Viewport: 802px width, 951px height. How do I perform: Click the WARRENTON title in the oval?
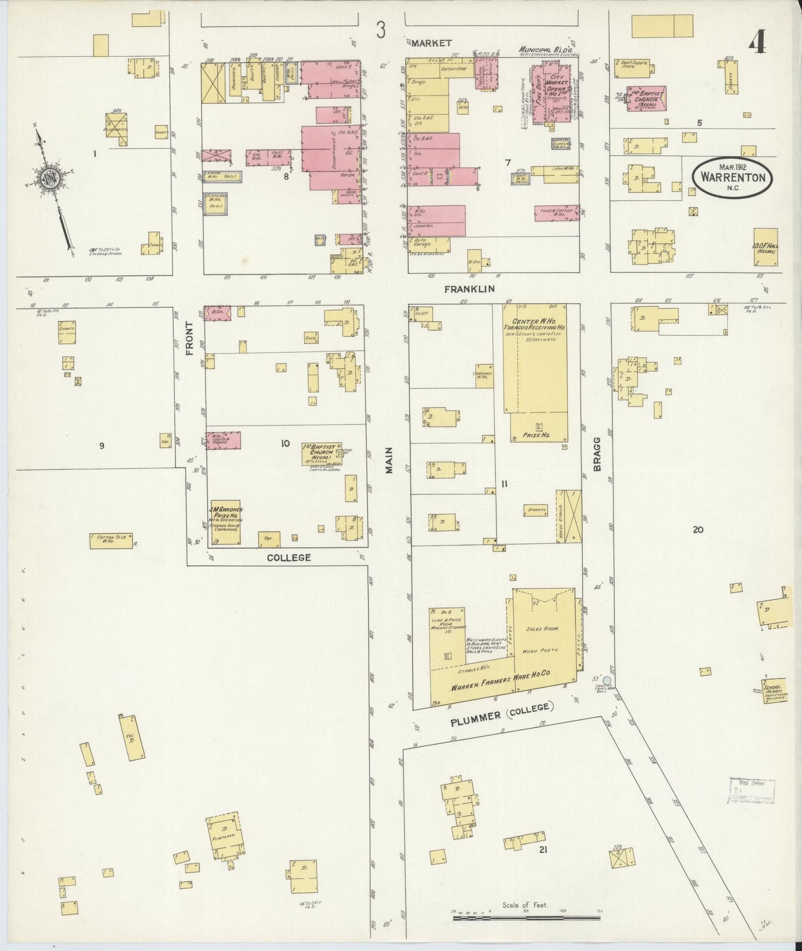[732, 178]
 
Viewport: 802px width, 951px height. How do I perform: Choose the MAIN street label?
[389, 461]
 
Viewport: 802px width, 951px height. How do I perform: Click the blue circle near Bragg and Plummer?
[607, 680]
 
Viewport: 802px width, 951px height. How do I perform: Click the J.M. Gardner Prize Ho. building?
[224, 522]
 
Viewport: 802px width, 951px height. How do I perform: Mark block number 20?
[698, 530]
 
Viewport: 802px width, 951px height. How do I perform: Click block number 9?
[102, 445]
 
